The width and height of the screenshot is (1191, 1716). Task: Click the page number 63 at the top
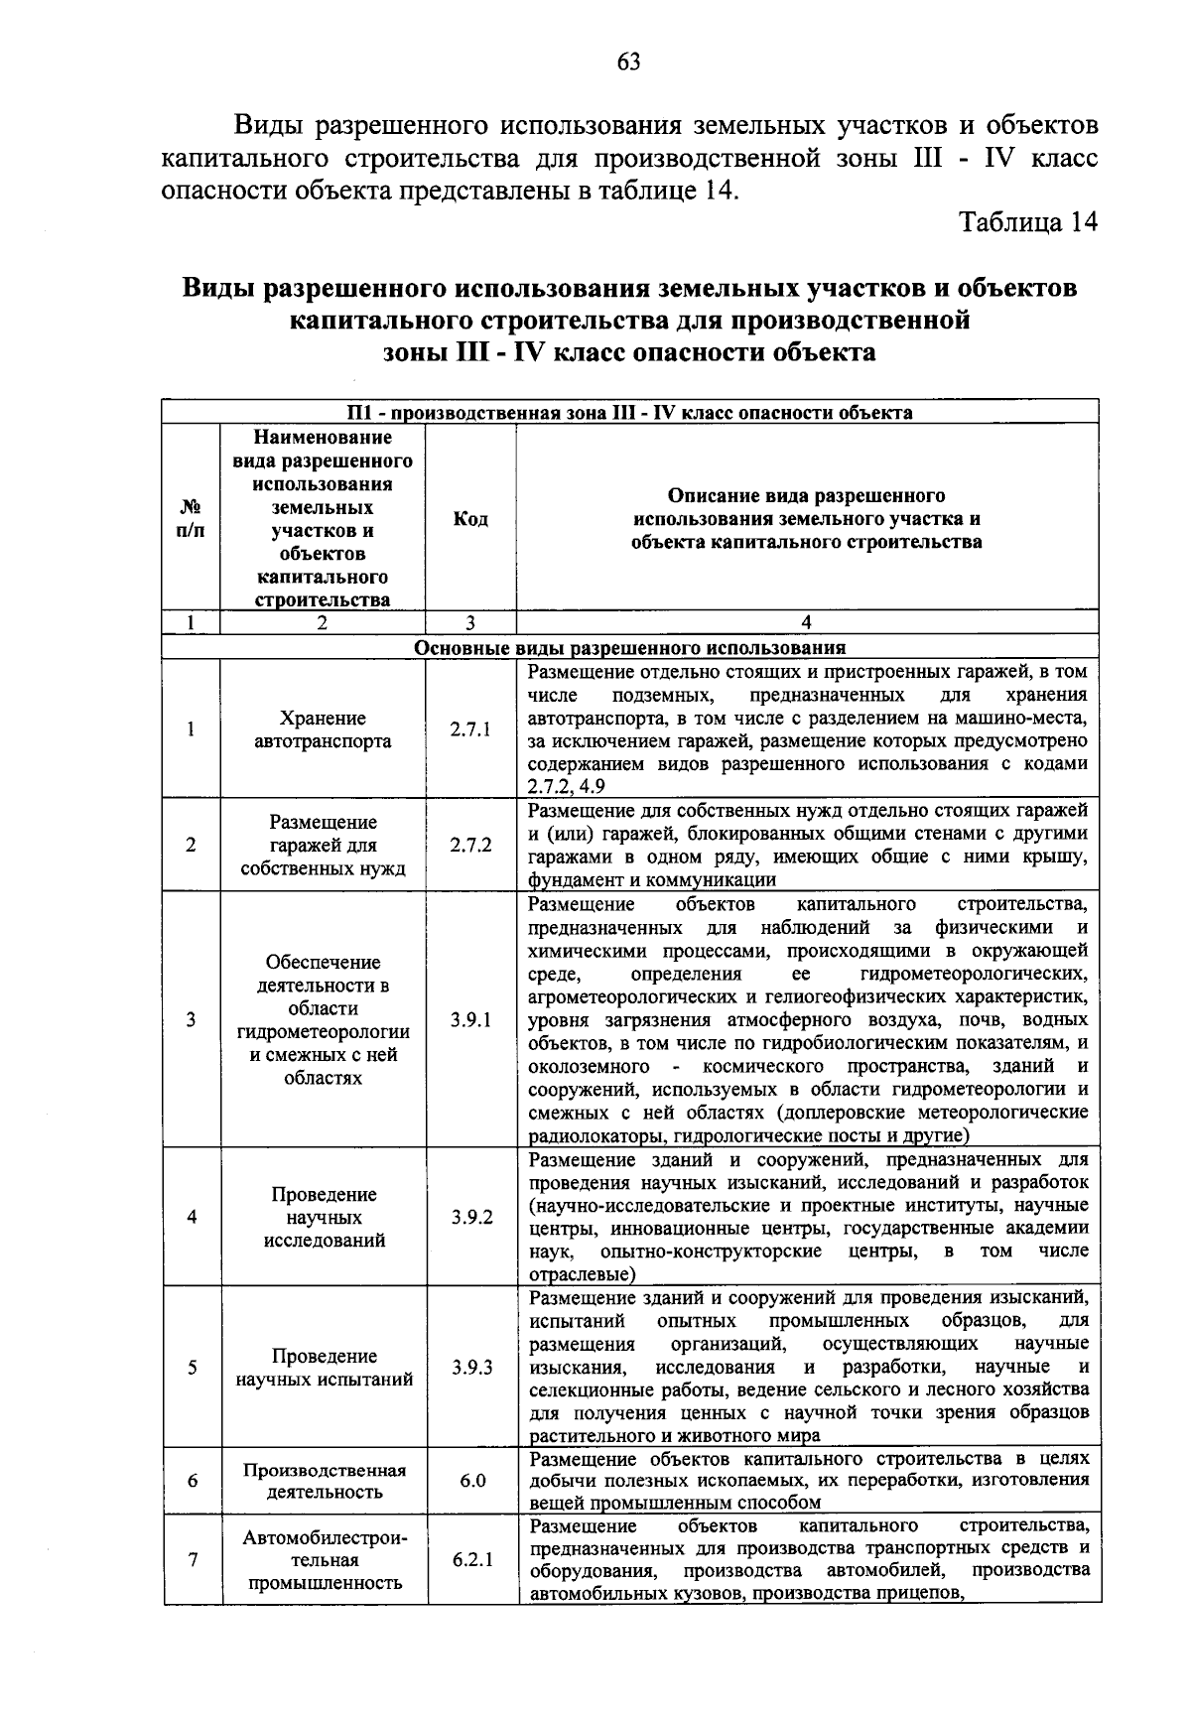(629, 63)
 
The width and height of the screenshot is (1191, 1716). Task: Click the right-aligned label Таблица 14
(1028, 222)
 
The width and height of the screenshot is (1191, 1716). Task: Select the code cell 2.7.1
(470, 730)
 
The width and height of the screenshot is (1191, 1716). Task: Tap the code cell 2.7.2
(470, 846)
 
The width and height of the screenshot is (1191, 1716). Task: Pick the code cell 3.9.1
(470, 1020)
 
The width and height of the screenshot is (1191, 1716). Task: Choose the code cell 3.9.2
(471, 1217)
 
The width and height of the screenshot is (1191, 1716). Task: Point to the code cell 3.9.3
(471, 1368)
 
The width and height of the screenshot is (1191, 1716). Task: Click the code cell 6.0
(472, 1481)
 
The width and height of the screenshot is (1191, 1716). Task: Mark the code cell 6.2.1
(472, 1559)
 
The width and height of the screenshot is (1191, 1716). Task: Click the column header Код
(470, 519)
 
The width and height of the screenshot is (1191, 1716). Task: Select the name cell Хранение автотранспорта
(323, 730)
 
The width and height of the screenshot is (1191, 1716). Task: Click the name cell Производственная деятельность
(324, 1481)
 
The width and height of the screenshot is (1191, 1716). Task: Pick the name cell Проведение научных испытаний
(324, 1368)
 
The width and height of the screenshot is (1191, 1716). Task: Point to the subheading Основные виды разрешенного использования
(629, 648)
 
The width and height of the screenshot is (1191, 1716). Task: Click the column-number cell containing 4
(806, 622)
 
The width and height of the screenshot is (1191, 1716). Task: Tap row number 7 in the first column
(192, 1559)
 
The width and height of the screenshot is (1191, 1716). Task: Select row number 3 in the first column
(191, 1020)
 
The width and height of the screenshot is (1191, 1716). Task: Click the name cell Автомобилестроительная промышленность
(324, 1559)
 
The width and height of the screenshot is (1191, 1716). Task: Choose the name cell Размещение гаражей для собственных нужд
(323, 846)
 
